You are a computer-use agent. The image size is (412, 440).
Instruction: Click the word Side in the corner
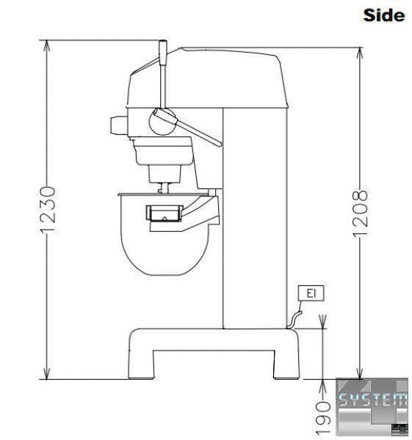click(x=384, y=15)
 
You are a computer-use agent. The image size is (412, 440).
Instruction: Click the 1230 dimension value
click(x=47, y=210)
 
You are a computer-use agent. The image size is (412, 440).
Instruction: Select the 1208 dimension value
click(x=360, y=214)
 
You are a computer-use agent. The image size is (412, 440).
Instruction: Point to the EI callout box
click(x=311, y=293)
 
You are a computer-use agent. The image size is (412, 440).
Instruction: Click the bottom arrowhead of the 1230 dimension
click(x=47, y=373)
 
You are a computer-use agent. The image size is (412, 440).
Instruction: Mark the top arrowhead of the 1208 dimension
click(x=359, y=54)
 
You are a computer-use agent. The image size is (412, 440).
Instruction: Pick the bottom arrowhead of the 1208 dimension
click(x=359, y=373)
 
